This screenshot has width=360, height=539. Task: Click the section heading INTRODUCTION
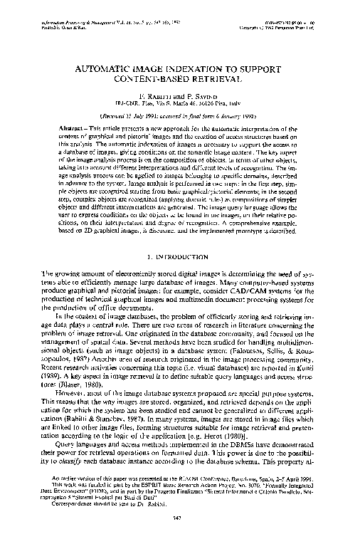[x=188, y=256]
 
